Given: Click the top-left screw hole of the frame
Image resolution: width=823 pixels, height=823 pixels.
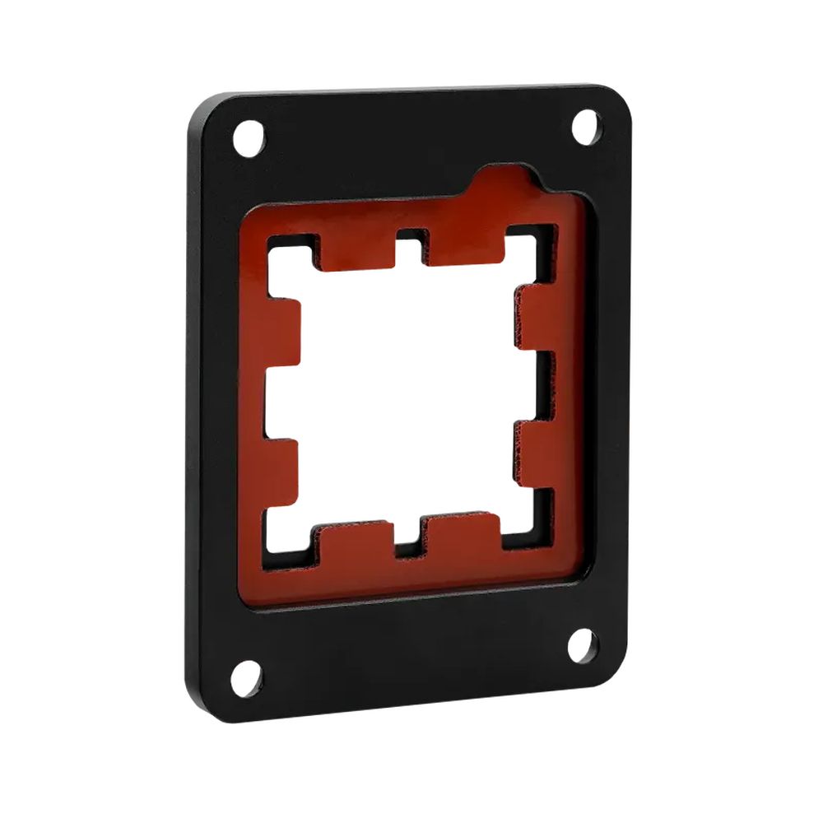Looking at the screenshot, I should click(249, 137).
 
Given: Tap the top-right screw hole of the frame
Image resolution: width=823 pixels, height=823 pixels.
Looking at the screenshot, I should click(586, 128).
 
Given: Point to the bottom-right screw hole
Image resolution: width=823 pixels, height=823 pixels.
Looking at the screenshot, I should click(583, 644).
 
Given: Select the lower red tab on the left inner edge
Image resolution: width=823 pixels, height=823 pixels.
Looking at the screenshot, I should click(280, 473).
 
